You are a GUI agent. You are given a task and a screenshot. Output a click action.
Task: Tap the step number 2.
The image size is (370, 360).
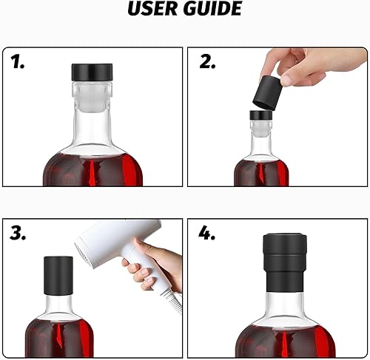tap(208, 62)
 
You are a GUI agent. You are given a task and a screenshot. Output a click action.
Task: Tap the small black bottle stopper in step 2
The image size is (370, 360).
tap(260, 116)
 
